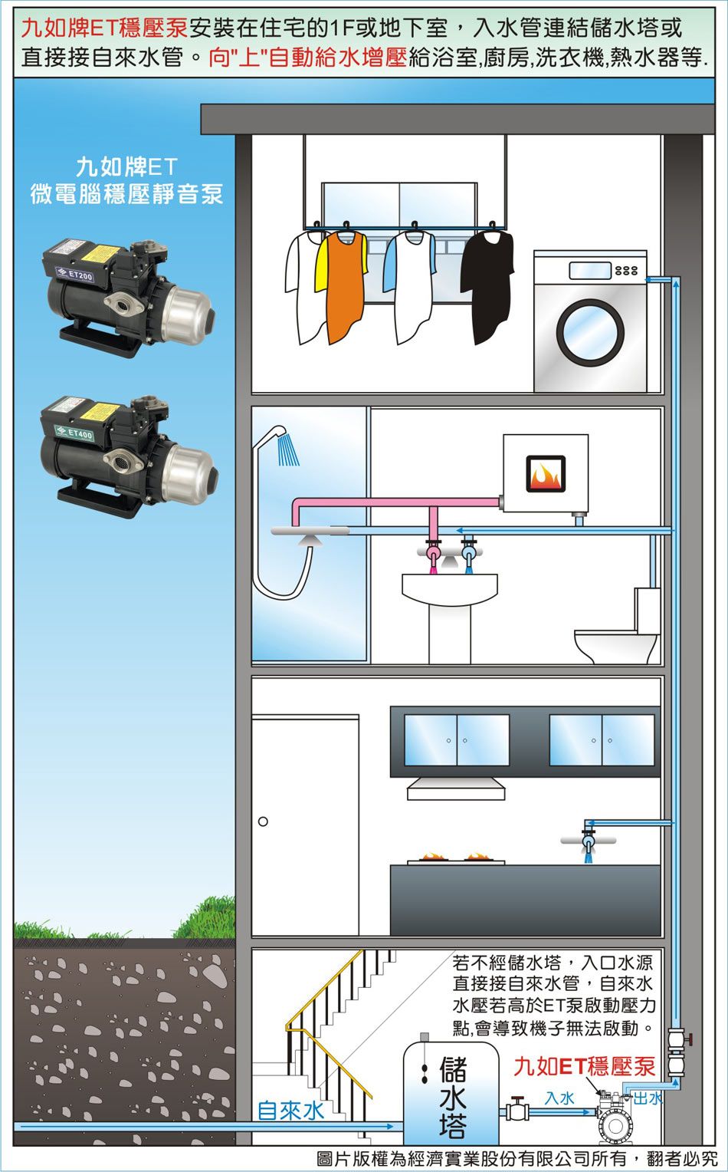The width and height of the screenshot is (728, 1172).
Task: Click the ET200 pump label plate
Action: pos(75,275)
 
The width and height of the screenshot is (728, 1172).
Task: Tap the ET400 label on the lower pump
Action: pos(74,433)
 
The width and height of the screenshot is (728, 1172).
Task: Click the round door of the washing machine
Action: pos(590,331)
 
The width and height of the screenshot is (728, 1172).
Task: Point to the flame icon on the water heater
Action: pos(546,474)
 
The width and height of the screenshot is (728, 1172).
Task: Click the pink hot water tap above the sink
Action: pos(433,553)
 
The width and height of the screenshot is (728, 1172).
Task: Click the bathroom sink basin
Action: pos(450,589)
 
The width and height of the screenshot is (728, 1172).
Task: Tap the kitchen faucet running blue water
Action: pos(589,841)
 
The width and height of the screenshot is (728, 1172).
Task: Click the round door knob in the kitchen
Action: pos(263,821)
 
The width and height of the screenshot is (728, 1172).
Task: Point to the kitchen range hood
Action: pos(456,788)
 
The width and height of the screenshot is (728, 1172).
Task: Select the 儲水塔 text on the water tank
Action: pos(452,1096)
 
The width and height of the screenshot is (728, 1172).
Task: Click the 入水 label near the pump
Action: pos(559,1098)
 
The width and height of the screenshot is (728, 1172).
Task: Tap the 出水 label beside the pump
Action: pos(648,1098)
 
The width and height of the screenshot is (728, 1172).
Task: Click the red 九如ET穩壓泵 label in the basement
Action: pos(584,1066)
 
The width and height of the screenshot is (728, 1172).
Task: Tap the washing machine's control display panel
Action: pos(590,271)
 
